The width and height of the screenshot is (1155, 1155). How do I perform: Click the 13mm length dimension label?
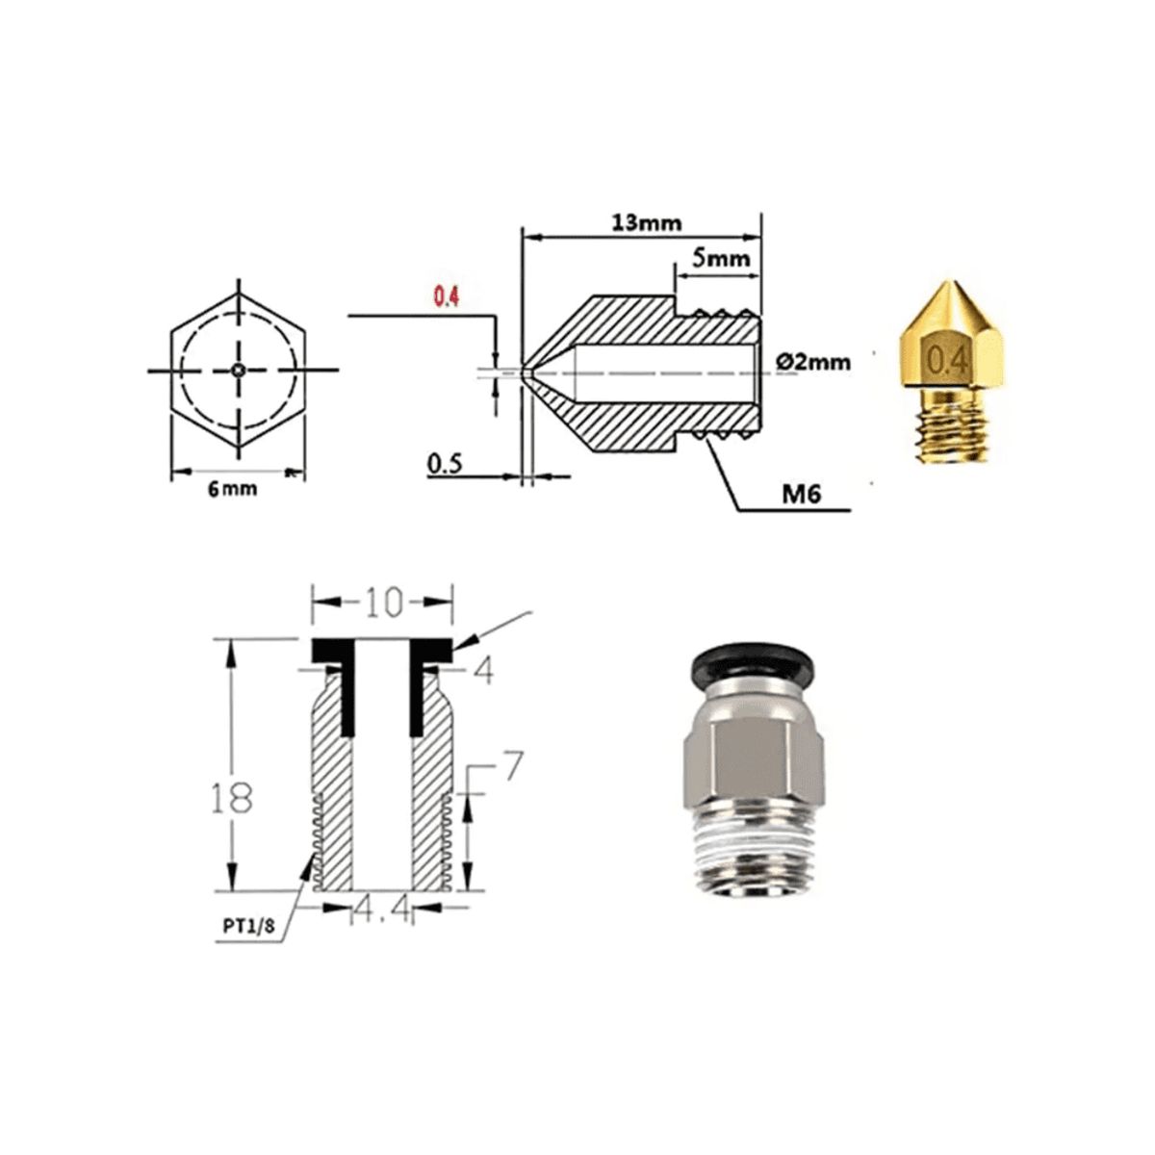coord(646,222)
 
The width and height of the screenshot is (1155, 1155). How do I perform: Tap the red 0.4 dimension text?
coord(445,297)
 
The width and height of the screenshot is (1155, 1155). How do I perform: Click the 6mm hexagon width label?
coord(234,488)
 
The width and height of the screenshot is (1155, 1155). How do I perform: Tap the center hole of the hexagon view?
coord(238,370)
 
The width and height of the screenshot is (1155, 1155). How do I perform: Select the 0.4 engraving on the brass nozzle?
coord(946,359)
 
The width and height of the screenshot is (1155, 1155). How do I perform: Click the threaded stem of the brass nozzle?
coord(947,423)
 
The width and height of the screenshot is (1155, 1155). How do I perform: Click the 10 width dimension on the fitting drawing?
coord(382,603)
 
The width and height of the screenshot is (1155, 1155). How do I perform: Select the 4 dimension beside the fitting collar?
coord(483,671)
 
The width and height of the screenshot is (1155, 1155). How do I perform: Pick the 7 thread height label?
coord(512,766)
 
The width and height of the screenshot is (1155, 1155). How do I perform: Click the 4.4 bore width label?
coord(382,909)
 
